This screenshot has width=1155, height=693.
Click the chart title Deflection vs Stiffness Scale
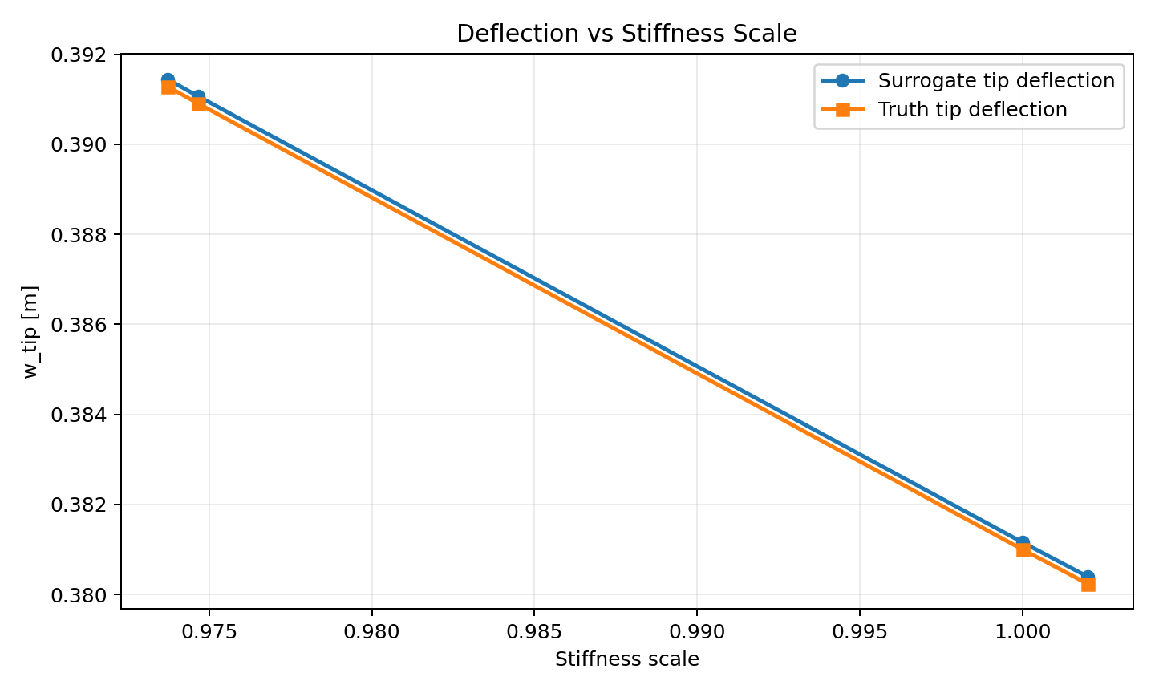point(626,34)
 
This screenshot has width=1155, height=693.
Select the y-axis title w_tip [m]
point(30,331)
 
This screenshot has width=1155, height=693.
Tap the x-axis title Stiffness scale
point(626,659)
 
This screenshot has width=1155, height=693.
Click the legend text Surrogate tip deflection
point(996,81)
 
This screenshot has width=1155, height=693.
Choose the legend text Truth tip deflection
point(972,110)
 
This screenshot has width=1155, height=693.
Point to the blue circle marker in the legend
point(842,81)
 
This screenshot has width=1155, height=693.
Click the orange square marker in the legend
point(842,110)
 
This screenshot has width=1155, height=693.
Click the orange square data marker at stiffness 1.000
point(1023,549)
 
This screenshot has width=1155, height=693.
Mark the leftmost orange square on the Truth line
point(168,87)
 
